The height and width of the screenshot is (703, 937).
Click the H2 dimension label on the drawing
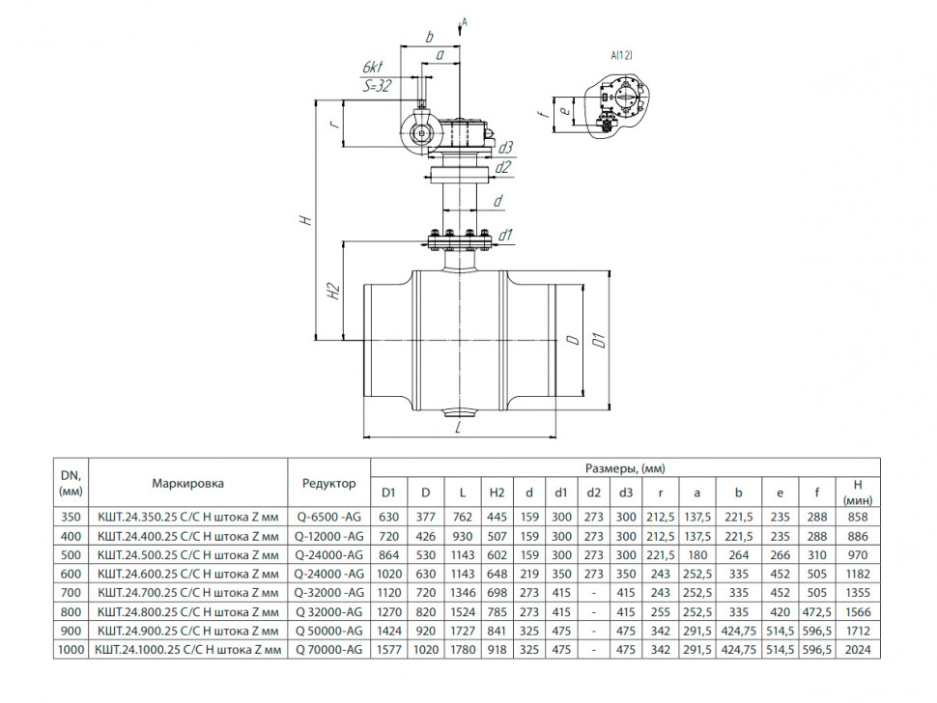333,291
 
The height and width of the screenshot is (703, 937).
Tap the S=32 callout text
377,86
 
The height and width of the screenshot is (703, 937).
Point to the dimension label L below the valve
458,427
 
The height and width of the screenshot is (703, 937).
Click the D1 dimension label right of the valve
600,339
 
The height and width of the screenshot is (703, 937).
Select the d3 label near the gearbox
505,148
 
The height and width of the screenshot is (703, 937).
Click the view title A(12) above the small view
621,56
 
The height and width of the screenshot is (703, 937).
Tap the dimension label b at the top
429,37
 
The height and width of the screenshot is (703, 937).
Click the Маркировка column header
187,483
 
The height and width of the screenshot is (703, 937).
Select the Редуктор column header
328,483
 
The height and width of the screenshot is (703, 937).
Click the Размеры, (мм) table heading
625,469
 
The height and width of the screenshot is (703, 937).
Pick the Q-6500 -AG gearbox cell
329,518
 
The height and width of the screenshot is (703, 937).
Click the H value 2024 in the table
858,650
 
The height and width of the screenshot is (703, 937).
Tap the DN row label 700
71,593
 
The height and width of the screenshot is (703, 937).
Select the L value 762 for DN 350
463,518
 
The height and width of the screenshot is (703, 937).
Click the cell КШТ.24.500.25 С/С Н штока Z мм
188,555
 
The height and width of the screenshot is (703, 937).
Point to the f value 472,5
817,612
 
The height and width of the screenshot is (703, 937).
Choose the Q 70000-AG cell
329,650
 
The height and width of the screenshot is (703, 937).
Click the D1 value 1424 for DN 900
389,631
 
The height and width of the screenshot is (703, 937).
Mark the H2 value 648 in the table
497,574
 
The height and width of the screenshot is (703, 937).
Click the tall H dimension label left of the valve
306,220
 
